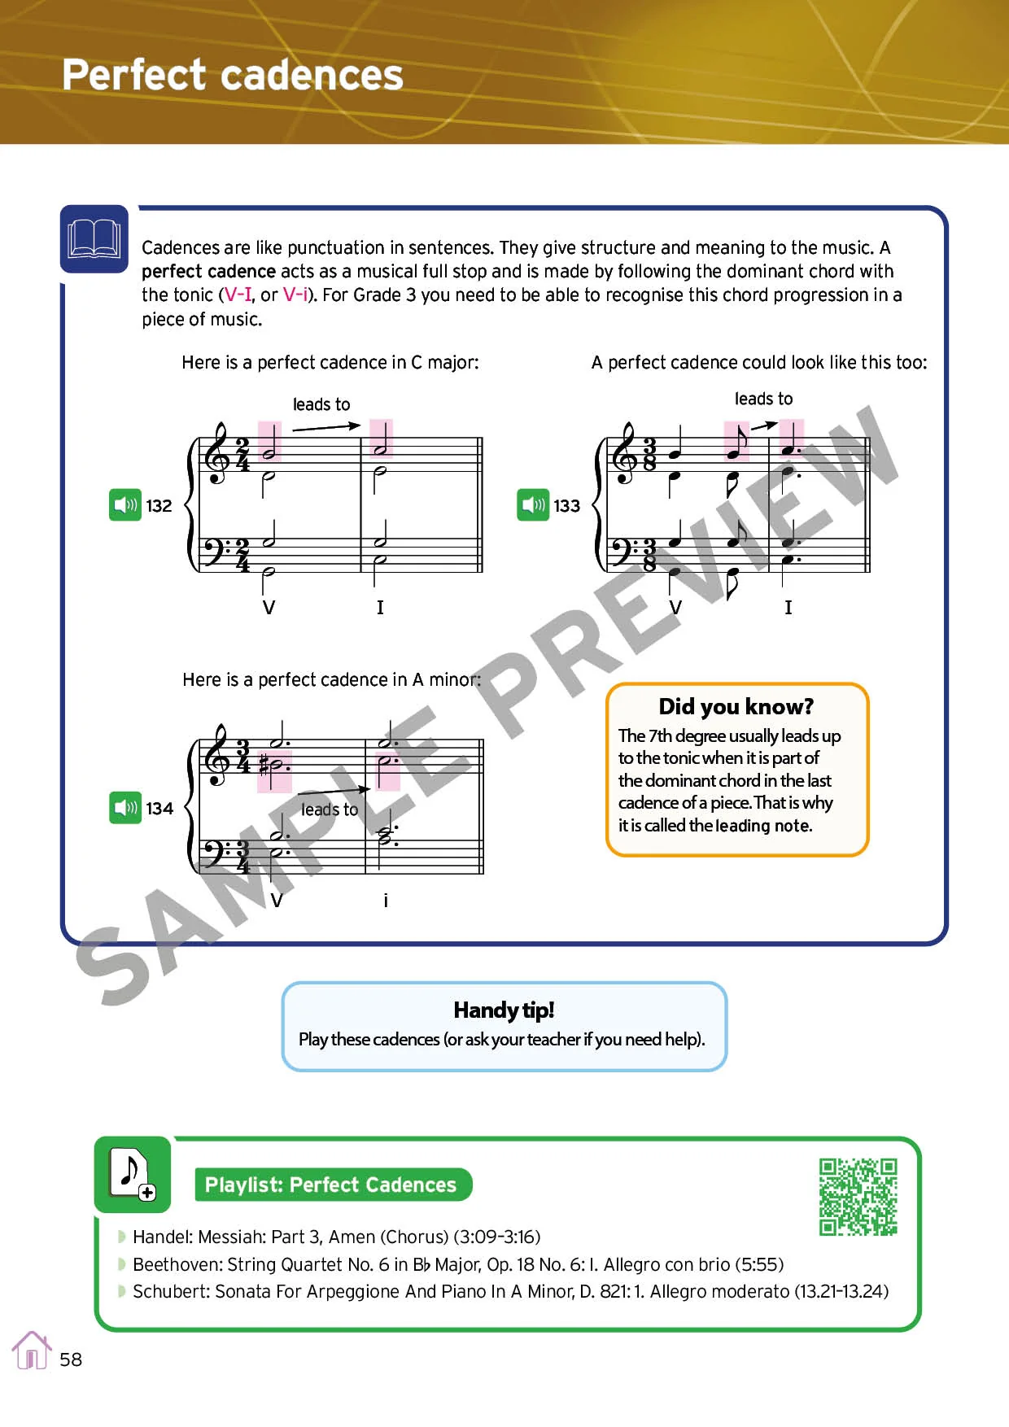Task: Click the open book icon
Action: click(x=94, y=239)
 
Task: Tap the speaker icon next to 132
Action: click(x=125, y=505)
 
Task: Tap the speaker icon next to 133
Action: click(x=533, y=505)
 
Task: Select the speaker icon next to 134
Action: click(x=125, y=808)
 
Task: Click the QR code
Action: click(x=858, y=1197)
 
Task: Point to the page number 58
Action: click(x=71, y=1359)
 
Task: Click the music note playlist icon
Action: click(x=132, y=1174)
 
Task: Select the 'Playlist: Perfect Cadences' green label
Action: click(x=330, y=1185)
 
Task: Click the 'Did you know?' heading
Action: click(x=736, y=706)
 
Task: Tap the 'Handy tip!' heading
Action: click(x=504, y=1010)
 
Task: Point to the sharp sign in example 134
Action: click(x=264, y=765)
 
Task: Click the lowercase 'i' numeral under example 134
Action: click(x=386, y=900)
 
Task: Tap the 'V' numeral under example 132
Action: click(x=269, y=607)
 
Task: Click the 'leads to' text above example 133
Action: click(x=763, y=399)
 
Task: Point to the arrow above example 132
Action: click(x=325, y=426)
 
